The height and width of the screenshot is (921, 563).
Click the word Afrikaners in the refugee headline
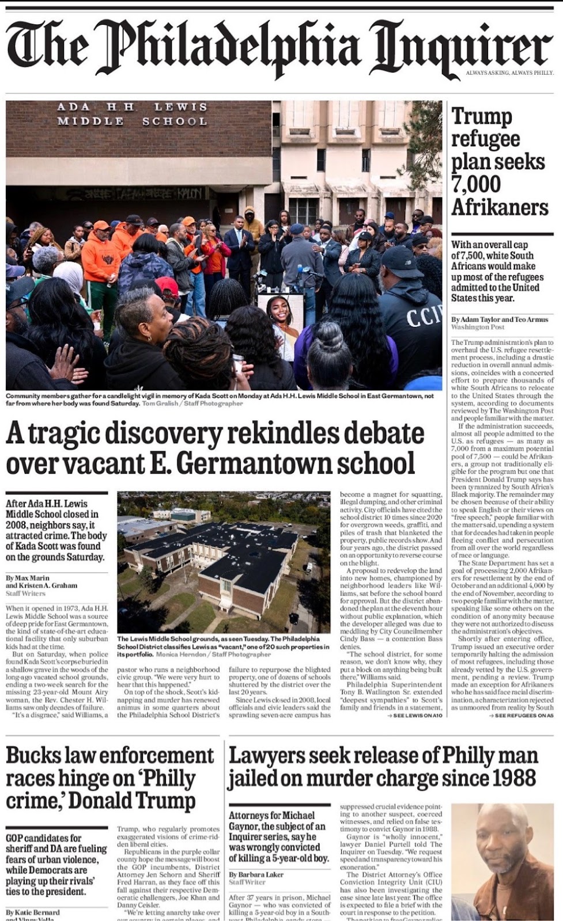coord(500,207)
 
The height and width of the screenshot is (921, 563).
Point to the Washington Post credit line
coord(478,327)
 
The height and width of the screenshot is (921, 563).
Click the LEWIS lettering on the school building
coord(180,107)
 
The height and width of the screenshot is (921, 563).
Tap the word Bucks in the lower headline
coord(35,755)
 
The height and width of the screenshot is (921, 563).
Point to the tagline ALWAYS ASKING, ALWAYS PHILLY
coord(509,73)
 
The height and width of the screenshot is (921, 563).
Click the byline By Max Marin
coord(28,577)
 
